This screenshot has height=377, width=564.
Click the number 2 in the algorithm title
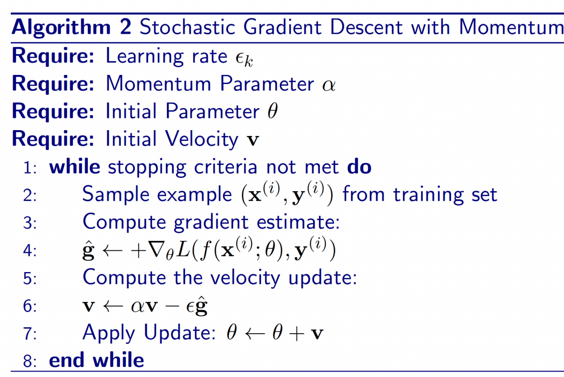[126, 27]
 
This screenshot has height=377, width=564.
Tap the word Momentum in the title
[511, 27]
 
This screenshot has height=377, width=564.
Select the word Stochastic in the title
[187, 27]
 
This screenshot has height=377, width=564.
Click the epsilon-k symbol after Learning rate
[244, 58]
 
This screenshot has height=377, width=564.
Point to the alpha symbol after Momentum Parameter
[329, 85]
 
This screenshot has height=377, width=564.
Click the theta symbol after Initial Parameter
[273, 110]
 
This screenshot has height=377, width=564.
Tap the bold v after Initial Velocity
[253, 140]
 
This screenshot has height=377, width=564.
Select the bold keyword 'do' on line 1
[359, 167]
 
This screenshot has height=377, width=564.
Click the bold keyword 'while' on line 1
[75, 167]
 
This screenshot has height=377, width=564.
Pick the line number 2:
[30, 195]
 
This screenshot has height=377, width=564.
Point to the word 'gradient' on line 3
[211, 223]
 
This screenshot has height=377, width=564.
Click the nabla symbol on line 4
[156, 250]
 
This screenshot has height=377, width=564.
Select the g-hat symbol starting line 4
[88, 251]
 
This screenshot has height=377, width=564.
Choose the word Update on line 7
[180, 333]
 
